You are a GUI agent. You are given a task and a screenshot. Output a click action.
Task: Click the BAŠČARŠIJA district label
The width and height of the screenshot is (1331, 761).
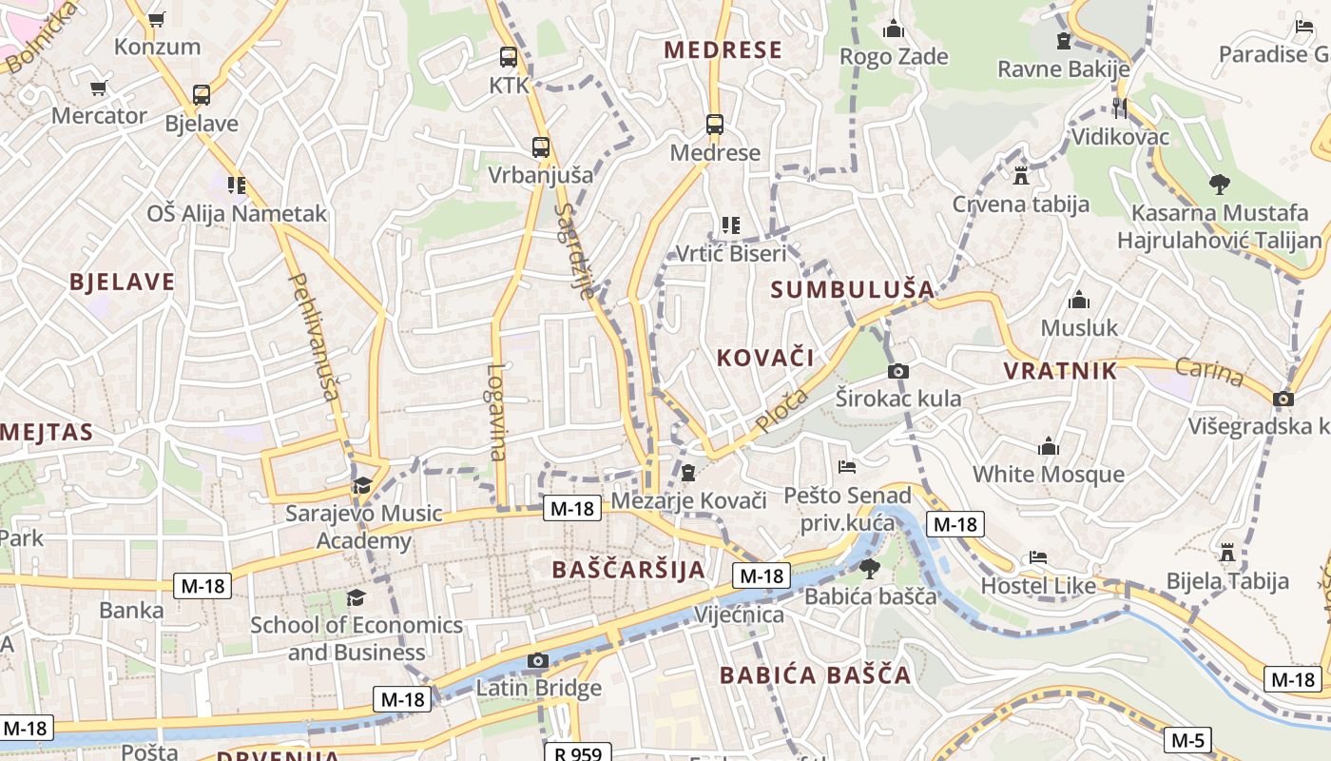click(629, 570)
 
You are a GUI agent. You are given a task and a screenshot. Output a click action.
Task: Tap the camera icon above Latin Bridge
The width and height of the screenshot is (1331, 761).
click(538, 660)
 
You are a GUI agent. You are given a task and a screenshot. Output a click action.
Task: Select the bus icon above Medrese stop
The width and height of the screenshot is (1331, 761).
click(715, 125)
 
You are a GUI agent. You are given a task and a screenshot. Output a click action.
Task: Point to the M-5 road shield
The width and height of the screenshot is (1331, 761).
click(1188, 740)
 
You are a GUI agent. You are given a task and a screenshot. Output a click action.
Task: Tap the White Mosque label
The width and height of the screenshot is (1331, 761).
click(1048, 474)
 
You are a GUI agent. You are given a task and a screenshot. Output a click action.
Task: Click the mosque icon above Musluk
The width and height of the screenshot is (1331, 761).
click(1079, 301)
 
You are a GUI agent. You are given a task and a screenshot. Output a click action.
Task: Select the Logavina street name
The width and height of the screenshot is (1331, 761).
click(495, 413)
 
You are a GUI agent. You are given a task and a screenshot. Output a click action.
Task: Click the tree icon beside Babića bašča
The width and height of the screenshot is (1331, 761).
click(869, 569)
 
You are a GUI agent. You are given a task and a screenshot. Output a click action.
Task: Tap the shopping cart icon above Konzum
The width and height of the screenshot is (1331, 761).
click(157, 19)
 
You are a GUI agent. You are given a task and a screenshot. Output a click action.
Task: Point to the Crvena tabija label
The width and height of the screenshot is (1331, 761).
click(1021, 204)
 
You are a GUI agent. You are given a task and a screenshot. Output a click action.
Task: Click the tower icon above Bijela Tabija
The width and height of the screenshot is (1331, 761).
click(1227, 552)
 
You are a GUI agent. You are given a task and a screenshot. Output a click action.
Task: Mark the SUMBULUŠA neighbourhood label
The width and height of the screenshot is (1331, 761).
click(853, 289)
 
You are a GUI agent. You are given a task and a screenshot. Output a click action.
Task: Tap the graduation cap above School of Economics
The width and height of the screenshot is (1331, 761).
click(356, 597)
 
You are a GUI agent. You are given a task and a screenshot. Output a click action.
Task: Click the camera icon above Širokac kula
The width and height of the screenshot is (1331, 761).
click(897, 371)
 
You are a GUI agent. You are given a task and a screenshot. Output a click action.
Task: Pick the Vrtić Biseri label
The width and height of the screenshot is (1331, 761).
click(730, 253)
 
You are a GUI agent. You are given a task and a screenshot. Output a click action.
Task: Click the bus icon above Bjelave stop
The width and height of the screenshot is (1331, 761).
click(202, 95)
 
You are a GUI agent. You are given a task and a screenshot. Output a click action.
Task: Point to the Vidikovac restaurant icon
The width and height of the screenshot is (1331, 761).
click(1120, 108)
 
